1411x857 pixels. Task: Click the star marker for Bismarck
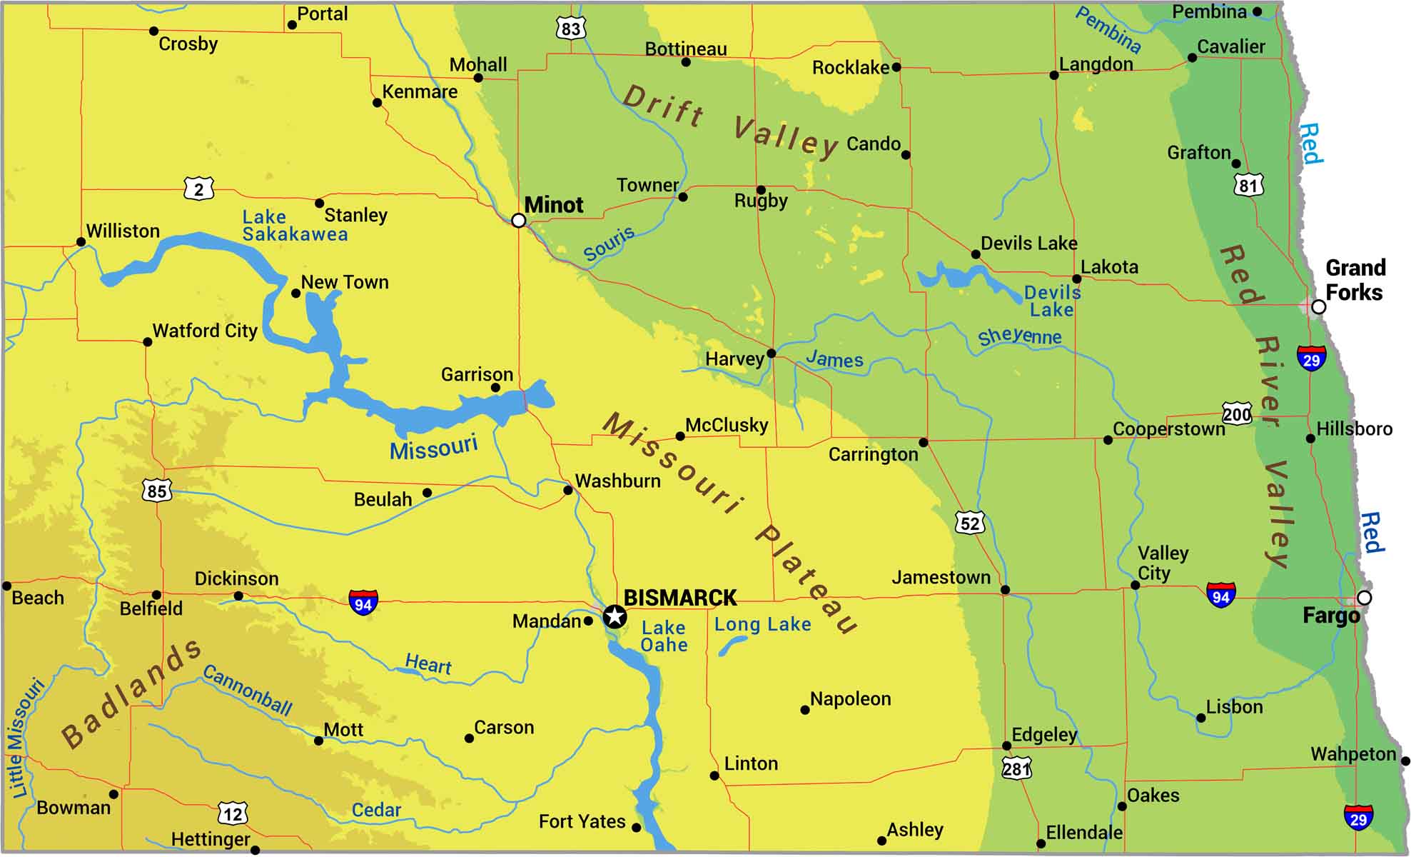(x=615, y=616)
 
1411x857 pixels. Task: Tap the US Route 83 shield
(x=570, y=29)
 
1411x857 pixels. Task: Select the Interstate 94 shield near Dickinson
(x=363, y=603)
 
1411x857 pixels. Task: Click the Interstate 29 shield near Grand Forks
(x=1312, y=359)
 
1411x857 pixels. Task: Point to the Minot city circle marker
(x=519, y=221)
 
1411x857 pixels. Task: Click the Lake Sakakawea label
(x=294, y=226)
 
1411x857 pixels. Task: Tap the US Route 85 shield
(x=157, y=491)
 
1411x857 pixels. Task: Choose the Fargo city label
(x=1331, y=616)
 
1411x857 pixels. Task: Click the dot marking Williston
(x=81, y=242)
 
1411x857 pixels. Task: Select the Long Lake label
(x=762, y=625)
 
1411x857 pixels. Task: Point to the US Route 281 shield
(x=1016, y=768)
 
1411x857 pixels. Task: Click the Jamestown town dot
(x=1005, y=590)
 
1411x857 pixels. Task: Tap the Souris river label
(x=608, y=244)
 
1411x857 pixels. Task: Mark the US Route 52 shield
(x=970, y=523)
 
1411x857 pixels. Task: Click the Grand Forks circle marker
(x=1319, y=307)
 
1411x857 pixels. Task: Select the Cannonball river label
(x=247, y=690)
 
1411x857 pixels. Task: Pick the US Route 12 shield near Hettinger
(x=233, y=813)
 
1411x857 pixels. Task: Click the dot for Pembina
(x=1257, y=11)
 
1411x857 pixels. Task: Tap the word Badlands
(x=131, y=693)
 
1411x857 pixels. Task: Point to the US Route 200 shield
(x=1237, y=414)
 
